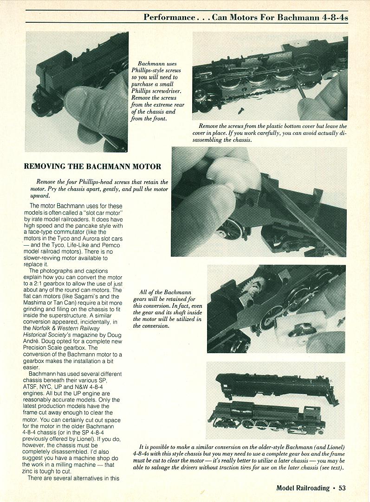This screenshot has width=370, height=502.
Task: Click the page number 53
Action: click(342, 488)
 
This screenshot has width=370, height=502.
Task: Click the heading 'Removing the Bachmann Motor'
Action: click(92, 166)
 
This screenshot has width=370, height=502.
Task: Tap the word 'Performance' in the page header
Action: click(169, 17)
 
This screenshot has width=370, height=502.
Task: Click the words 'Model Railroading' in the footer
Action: click(303, 488)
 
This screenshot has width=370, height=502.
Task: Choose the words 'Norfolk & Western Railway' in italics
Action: click(76, 327)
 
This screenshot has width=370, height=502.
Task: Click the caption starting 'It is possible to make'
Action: click(239, 456)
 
